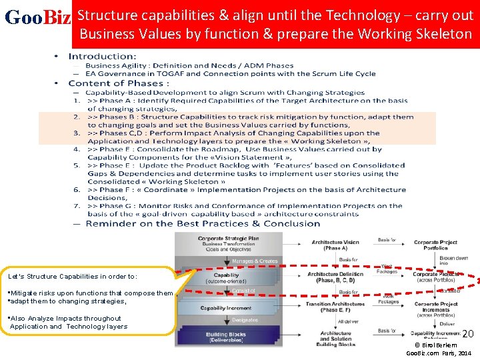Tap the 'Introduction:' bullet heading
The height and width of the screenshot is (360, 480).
(103, 57)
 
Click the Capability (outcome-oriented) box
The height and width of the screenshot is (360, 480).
(227, 277)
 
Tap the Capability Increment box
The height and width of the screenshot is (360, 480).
(227, 309)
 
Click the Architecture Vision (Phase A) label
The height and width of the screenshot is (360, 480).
(335, 245)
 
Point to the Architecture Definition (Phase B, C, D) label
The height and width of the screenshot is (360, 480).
(335, 277)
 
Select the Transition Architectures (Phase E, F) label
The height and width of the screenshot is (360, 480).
(336, 307)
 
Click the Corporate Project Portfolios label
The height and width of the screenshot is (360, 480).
(435, 244)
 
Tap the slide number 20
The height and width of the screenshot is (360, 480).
(467, 333)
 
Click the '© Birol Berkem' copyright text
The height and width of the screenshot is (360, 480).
(435, 345)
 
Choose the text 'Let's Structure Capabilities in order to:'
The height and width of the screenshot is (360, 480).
(73, 276)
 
